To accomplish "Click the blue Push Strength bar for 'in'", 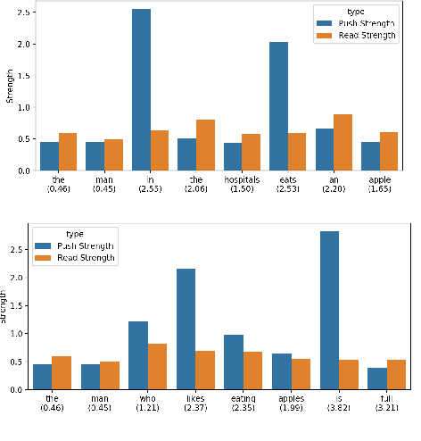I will pos(141,89).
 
